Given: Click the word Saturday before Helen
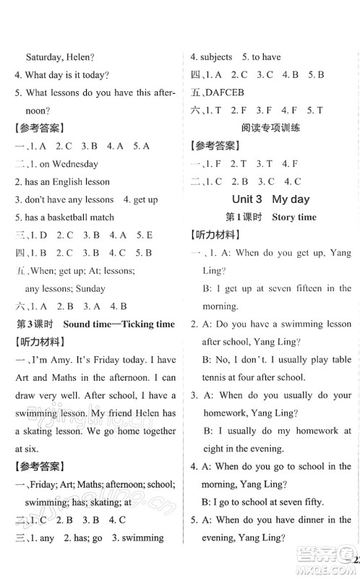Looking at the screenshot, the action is tap(46, 56).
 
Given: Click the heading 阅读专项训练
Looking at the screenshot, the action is tap(270, 128).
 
